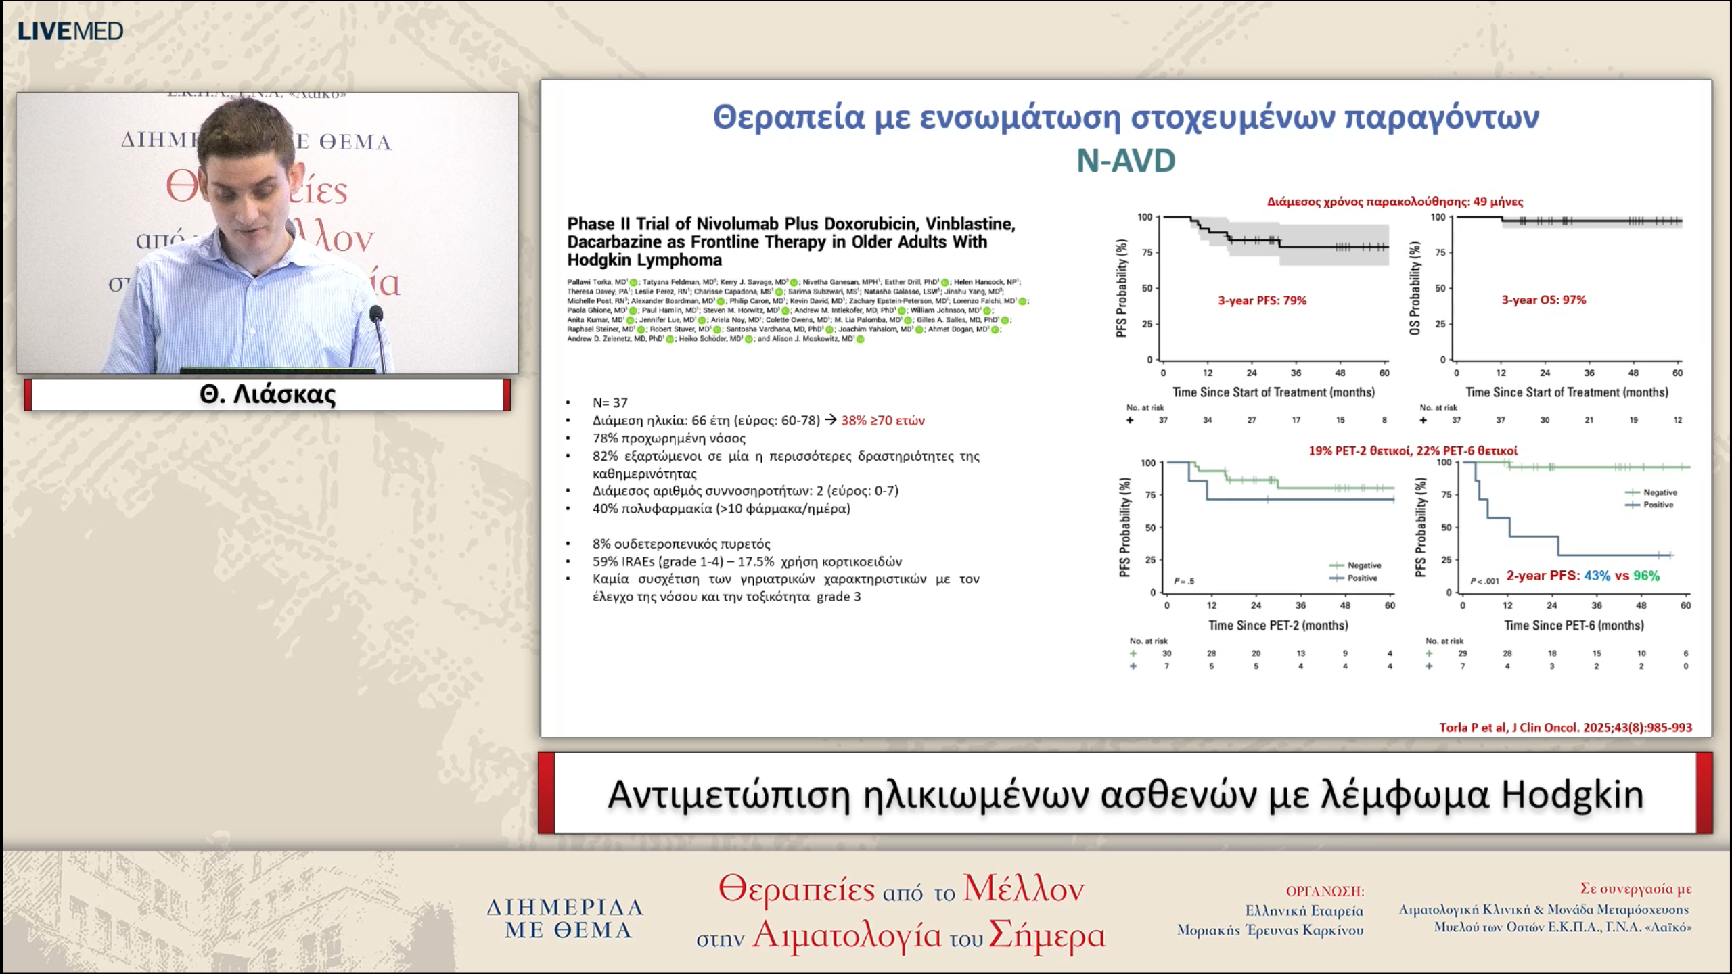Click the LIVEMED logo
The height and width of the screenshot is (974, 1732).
(x=70, y=31)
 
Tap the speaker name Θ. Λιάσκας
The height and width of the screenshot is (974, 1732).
(x=267, y=394)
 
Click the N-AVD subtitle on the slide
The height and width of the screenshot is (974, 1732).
(x=1126, y=161)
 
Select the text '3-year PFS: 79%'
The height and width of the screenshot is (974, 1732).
(x=1262, y=300)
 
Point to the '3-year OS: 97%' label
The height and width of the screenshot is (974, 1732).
(x=1543, y=300)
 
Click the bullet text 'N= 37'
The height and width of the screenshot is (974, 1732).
(x=610, y=402)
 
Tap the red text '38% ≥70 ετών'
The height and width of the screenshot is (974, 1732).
(x=882, y=420)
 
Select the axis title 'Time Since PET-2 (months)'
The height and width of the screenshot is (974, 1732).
(x=1277, y=625)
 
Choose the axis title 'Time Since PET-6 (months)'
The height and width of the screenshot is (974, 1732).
(x=1574, y=625)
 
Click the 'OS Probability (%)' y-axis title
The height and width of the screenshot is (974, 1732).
(x=1414, y=288)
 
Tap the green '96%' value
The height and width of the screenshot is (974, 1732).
(x=1646, y=576)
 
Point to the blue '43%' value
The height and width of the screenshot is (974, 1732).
(x=1597, y=576)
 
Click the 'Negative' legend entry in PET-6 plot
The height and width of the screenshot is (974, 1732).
(x=1660, y=492)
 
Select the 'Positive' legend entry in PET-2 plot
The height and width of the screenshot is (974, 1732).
(x=1362, y=578)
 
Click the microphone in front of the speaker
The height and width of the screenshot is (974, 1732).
(x=376, y=314)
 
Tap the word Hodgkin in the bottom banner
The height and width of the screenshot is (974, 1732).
(x=1572, y=795)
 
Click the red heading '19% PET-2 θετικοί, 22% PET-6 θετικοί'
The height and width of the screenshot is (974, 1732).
(x=1413, y=450)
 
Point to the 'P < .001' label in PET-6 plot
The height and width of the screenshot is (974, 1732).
(x=1484, y=581)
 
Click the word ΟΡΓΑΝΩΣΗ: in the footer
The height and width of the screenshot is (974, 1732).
(x=1325, y=891)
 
